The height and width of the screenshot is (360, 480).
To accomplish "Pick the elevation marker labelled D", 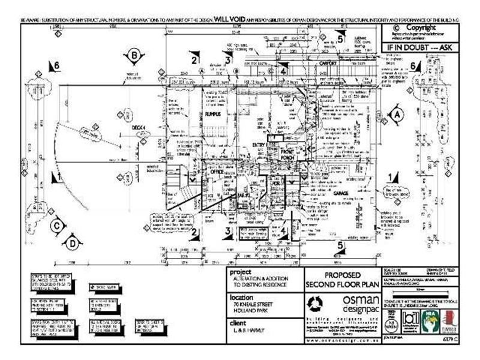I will click(x=72, y=243).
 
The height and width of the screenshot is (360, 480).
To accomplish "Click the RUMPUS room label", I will click(x=213, y=114).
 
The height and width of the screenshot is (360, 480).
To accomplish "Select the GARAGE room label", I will click(x=341, y=194).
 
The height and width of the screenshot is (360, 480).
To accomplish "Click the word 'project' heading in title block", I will click(x=240, y=271).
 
